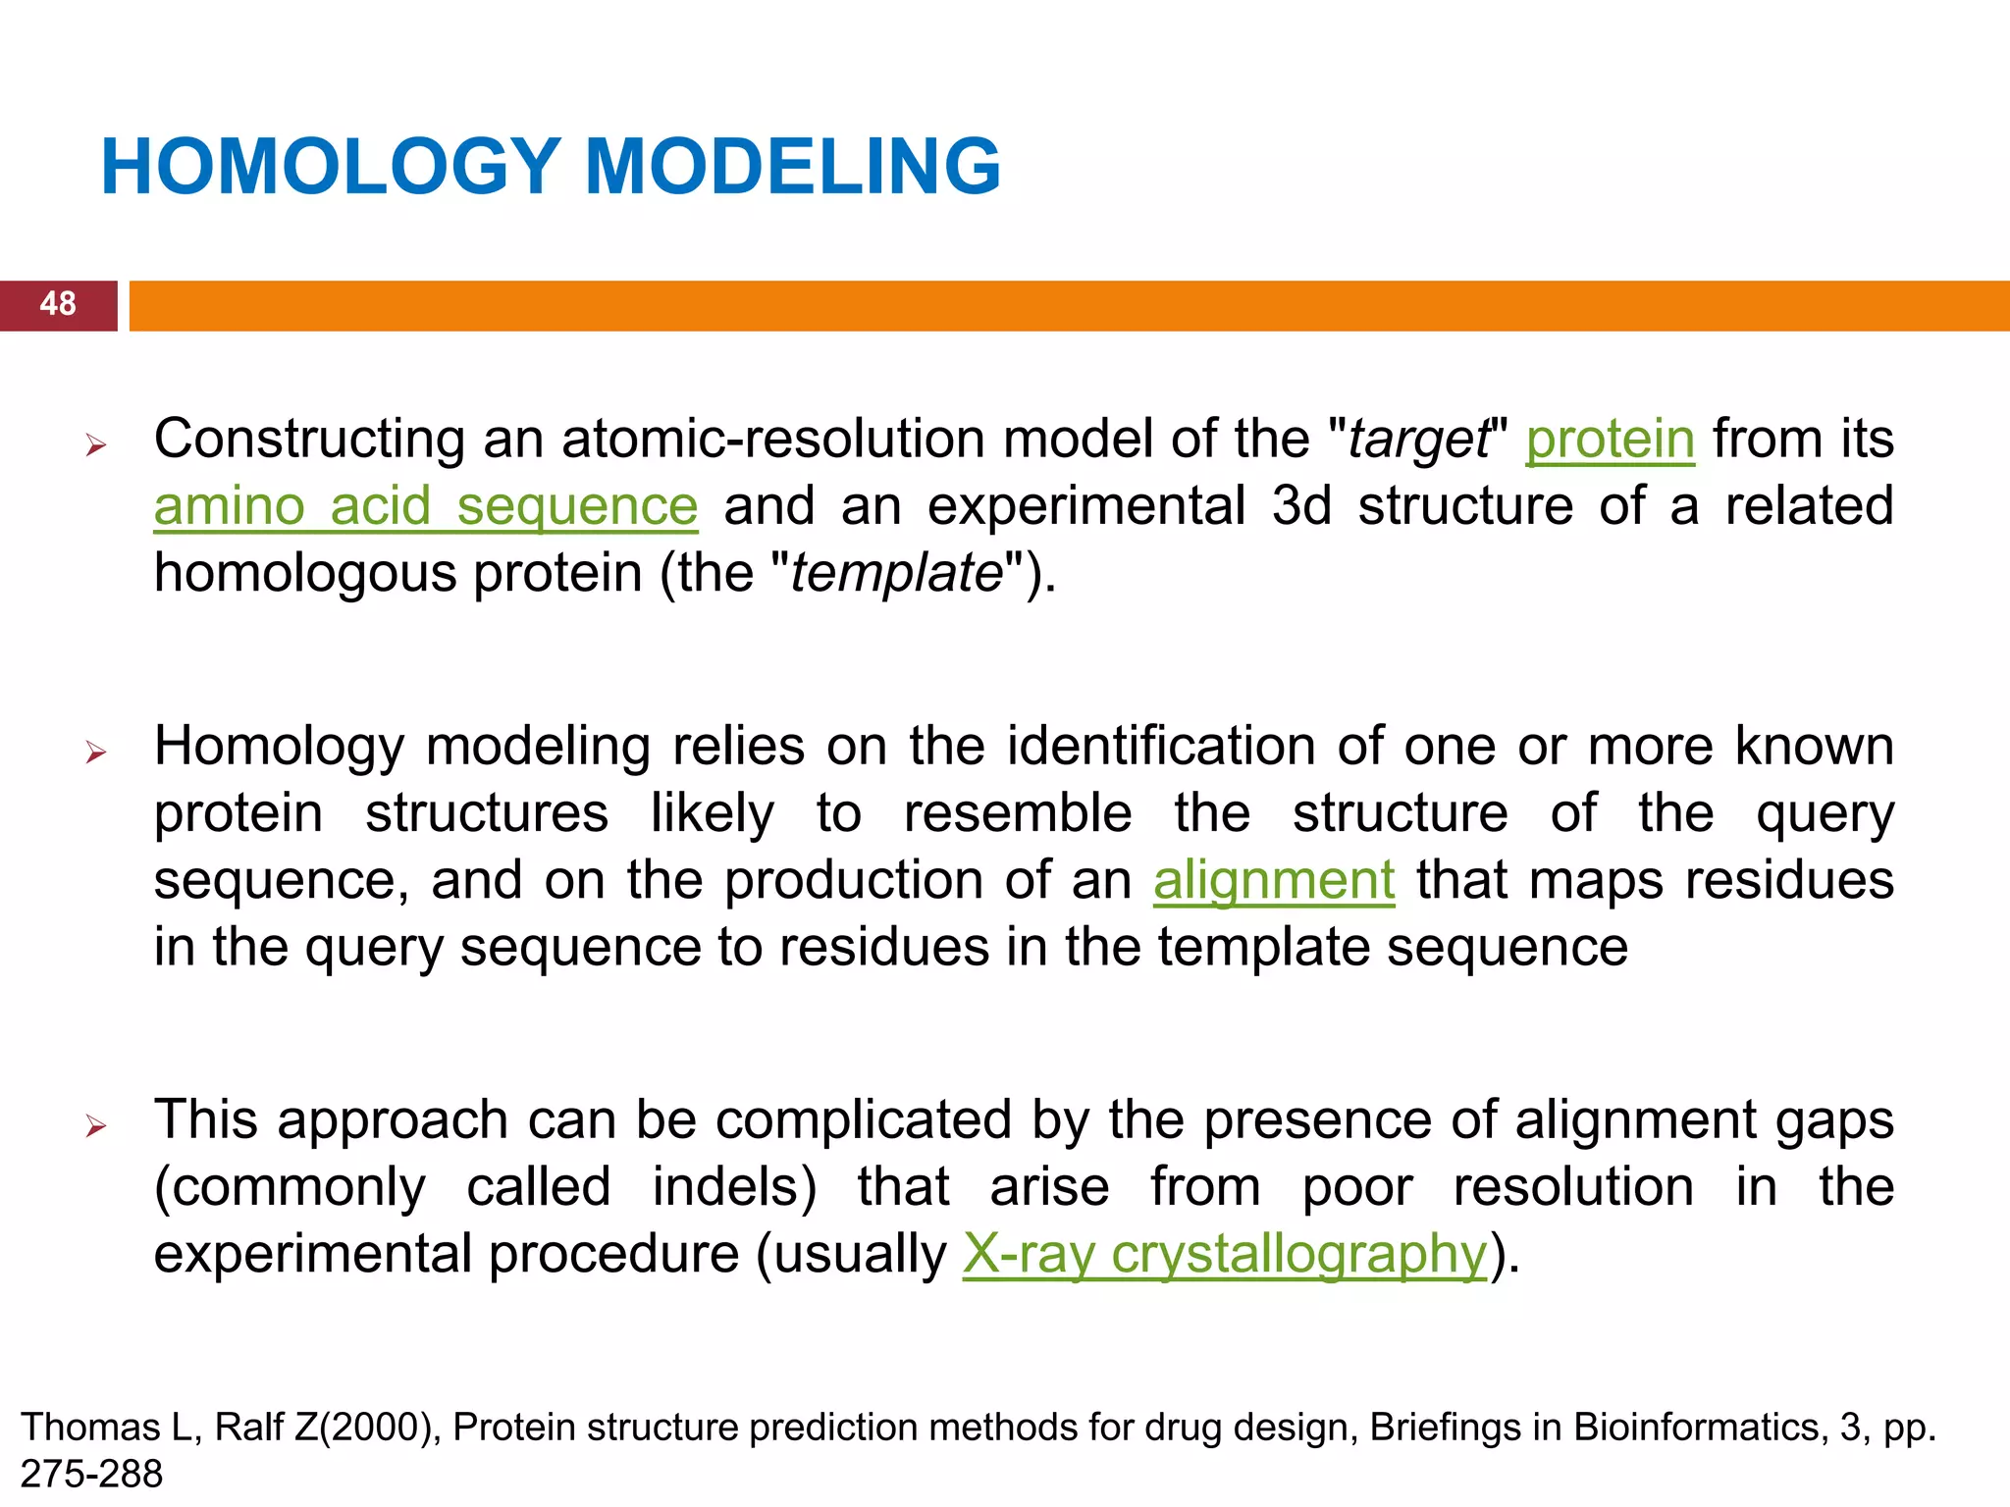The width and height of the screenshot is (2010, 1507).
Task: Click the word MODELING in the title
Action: pyautogui.click(x=793, y=167)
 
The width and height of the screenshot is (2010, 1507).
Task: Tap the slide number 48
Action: pyautogui.click(x=58, y=304)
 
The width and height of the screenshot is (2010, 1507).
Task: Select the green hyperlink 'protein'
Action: pyautogui.click(x=1610, y=440)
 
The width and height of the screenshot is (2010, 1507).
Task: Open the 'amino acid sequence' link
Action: pyautogui.click(x=426, y=507)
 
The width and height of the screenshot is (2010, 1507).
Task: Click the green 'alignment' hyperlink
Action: pyautogui.click(x=1273, y=880)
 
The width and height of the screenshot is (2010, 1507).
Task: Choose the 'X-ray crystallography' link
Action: pyautogui.click(x=1224, y=1255)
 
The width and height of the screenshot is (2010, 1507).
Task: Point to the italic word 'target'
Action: pyautogui.click(x=1418, y=440)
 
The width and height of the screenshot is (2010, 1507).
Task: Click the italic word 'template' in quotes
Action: pyautogui.click(x=896, y=574)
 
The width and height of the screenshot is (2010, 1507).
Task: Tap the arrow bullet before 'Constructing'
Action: pyautogui.click(x=95, y=446)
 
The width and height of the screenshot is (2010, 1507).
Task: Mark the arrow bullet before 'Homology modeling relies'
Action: pyautogui.click(x=95, y=753)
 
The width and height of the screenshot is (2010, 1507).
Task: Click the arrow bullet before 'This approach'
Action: pyautogui.click(x=95, y=1126)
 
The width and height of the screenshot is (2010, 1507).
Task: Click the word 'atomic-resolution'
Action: pyautogui.click(x=773, y=440)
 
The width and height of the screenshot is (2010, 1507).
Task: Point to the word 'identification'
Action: pyautogui.click(x=1161, y=747)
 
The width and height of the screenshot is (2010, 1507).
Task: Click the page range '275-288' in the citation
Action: pyautogui.click(x=91, y=1474)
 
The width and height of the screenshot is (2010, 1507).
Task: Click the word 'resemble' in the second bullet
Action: pyautogui.click(x=1017, y=813)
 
